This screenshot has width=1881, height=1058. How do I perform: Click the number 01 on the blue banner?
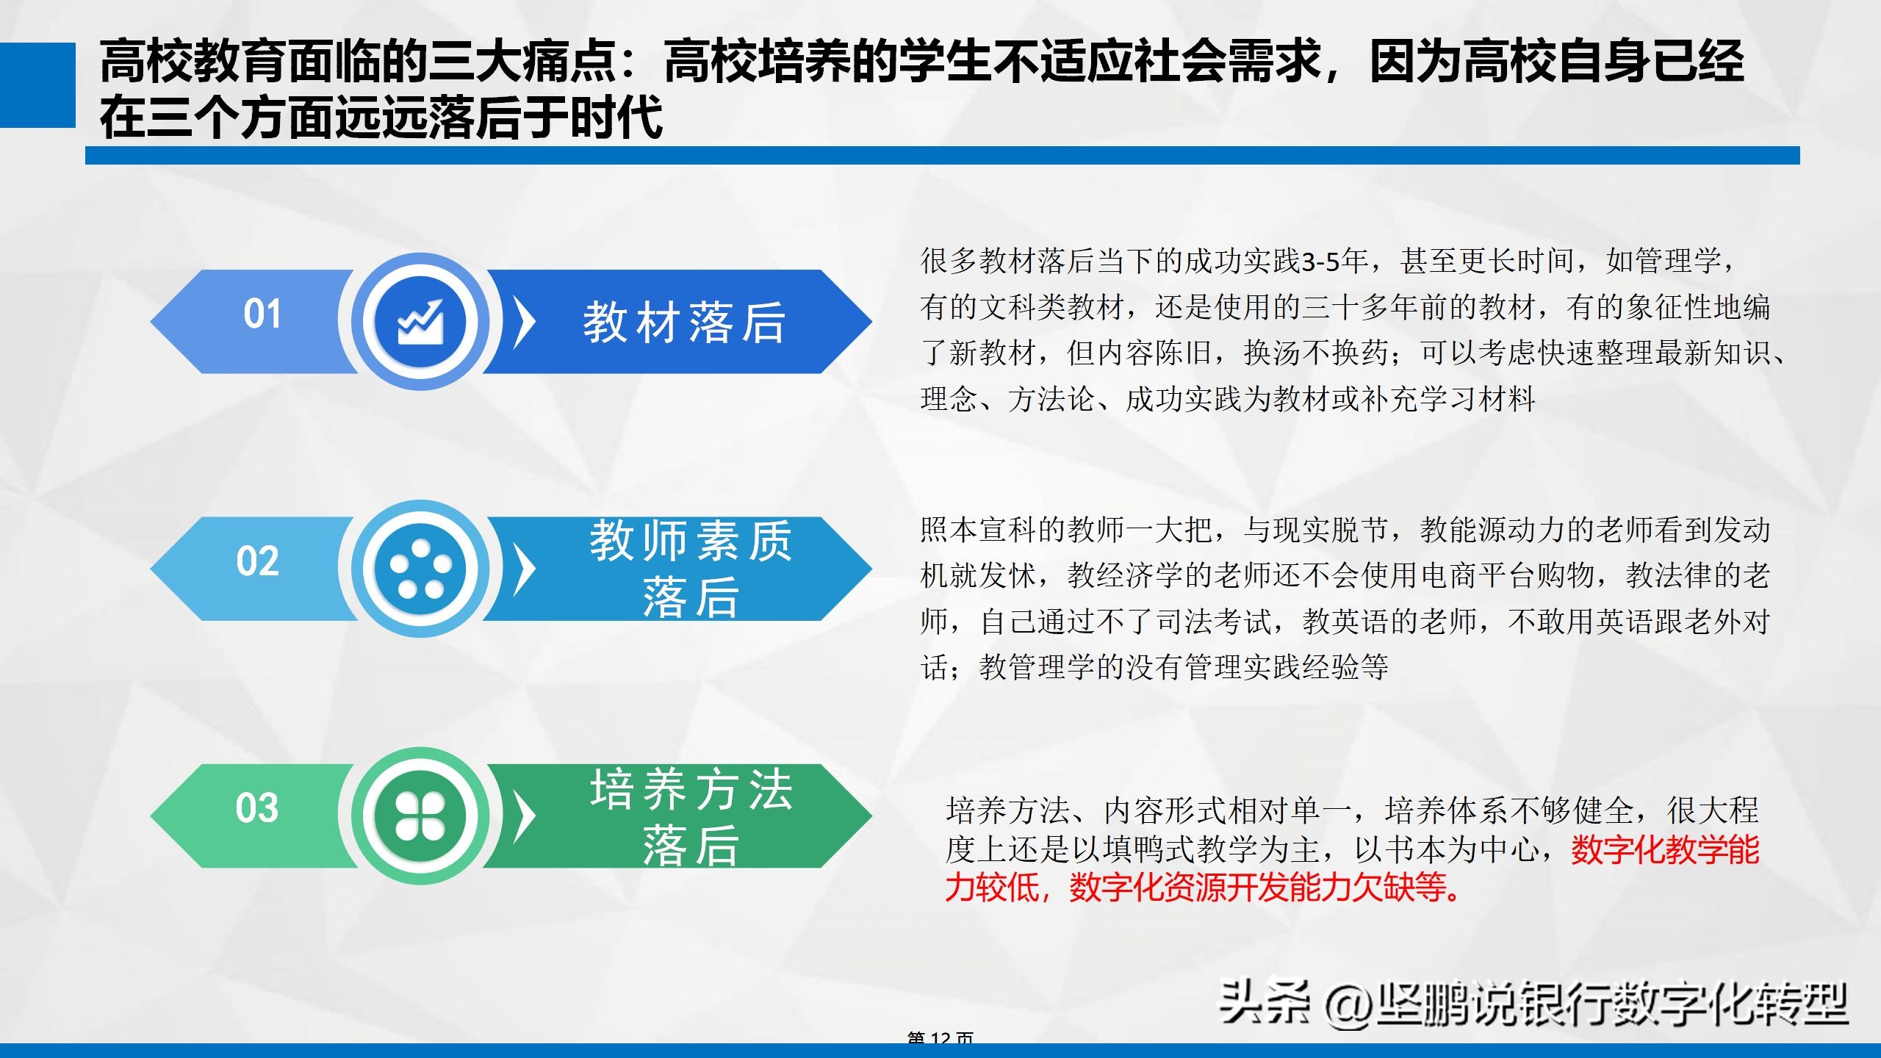click(262, 314)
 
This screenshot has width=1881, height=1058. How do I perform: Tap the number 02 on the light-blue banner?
click(258, 562)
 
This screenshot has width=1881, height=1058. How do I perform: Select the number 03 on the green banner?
click(257, 809)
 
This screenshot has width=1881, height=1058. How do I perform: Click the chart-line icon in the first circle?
click(420, 322)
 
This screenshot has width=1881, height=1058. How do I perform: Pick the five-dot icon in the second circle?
click(420, 569)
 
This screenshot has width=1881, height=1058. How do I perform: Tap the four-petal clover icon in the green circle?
click(420, 816)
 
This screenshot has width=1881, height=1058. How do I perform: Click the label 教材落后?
click(684, 323)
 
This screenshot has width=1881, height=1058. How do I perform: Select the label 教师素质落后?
click(691, 568)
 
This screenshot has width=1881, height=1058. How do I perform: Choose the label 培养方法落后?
click(691, 816)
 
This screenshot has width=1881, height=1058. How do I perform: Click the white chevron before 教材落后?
click(523, 322)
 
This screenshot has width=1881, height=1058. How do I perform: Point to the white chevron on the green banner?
click(523, 816)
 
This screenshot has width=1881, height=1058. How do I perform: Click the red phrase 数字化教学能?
click(1665, 850)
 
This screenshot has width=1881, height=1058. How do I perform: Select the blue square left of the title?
click(37, 85)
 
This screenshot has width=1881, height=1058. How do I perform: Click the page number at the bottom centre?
click(940, 1037)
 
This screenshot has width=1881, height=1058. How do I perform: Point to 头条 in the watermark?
click(1264, 1002)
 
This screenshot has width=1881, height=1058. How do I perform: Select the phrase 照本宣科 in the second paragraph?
click(978, 530)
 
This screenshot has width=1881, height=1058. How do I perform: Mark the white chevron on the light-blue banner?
click(523, 569)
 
